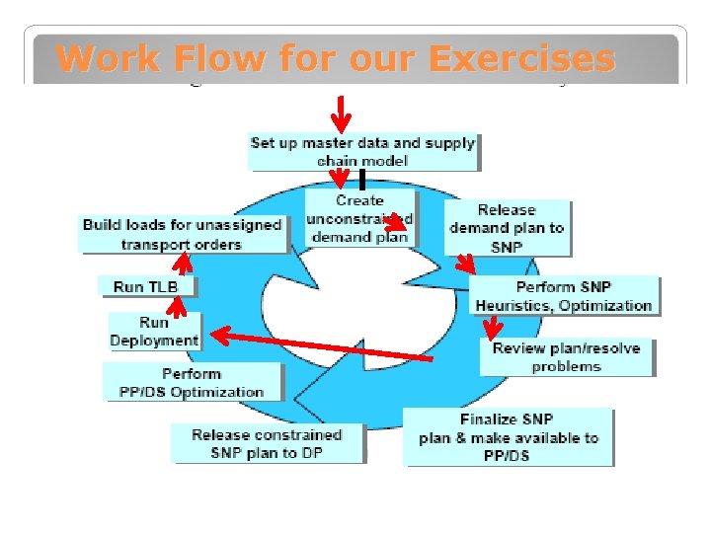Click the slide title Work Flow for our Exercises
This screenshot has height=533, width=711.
point(336,59)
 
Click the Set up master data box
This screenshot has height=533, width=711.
point(362,151)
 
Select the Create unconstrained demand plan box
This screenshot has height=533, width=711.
point(359,218)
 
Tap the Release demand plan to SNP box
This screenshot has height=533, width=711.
point(506,228)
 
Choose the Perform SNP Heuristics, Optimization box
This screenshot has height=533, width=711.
point(563,295)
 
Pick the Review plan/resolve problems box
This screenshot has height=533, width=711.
point(566,356)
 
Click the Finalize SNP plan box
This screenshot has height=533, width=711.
point(509,437)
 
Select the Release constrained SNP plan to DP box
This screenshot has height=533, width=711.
point(267,443)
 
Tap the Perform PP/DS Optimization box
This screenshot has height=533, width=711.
point(192,382)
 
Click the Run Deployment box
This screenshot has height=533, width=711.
point(154,331)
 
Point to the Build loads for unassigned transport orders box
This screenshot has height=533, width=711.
point(182,234)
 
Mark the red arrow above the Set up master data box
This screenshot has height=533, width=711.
point(341,114)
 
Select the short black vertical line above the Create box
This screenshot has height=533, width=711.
point(362,180)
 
